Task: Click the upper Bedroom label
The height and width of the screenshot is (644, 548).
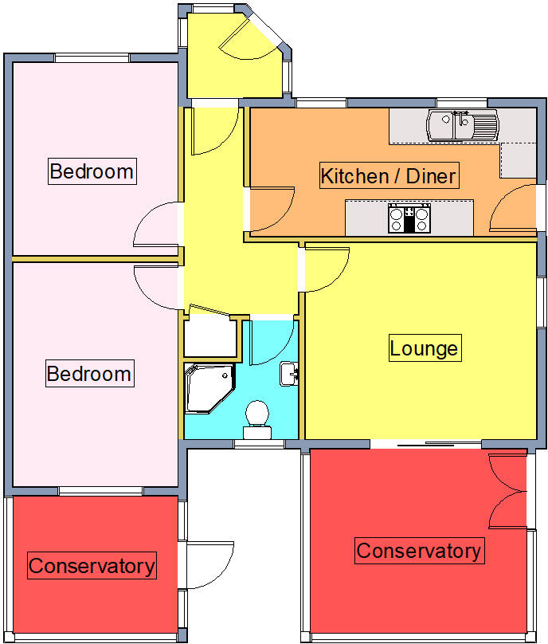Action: [x=92, y=171]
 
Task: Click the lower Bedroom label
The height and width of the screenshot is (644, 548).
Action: [x=88, y=373]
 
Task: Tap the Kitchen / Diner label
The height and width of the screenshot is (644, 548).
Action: [x=389, y=175]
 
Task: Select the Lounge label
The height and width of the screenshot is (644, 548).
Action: [x=424, y=348]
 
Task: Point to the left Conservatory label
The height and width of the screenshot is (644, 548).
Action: [x=92, y=566]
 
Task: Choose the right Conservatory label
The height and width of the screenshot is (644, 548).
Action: [x=419, y=550]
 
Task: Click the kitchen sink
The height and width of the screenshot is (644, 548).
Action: [x=462, y=124]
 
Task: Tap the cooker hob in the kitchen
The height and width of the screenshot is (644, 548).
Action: [x=409, y=218]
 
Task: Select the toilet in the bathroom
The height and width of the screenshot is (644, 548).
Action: [x=256, y=418]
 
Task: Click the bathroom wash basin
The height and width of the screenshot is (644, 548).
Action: [x=288, y=372]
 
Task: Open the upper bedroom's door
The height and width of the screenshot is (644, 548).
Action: [x=156, y=226]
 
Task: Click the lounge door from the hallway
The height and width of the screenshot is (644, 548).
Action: [x=327, y=269]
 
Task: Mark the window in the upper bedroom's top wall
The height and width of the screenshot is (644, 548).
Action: [x=92, y=57]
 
